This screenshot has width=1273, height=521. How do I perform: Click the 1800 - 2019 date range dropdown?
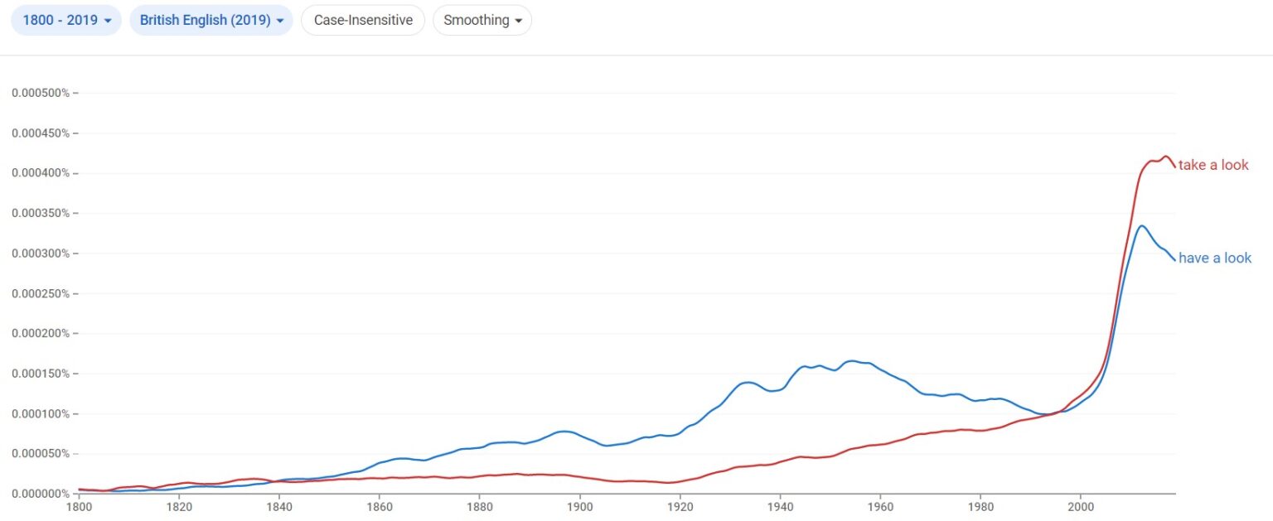point(66,21)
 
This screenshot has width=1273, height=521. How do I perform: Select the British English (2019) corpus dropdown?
point(211,21)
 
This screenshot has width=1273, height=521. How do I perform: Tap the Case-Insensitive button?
point(363,21)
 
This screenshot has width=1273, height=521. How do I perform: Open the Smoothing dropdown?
point(482,21)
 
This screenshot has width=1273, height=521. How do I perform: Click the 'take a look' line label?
point(1213,165)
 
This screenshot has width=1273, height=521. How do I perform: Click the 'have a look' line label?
point(1215,258)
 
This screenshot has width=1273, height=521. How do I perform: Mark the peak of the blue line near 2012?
point(1141,225)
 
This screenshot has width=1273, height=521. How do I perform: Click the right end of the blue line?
point(1174,259)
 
